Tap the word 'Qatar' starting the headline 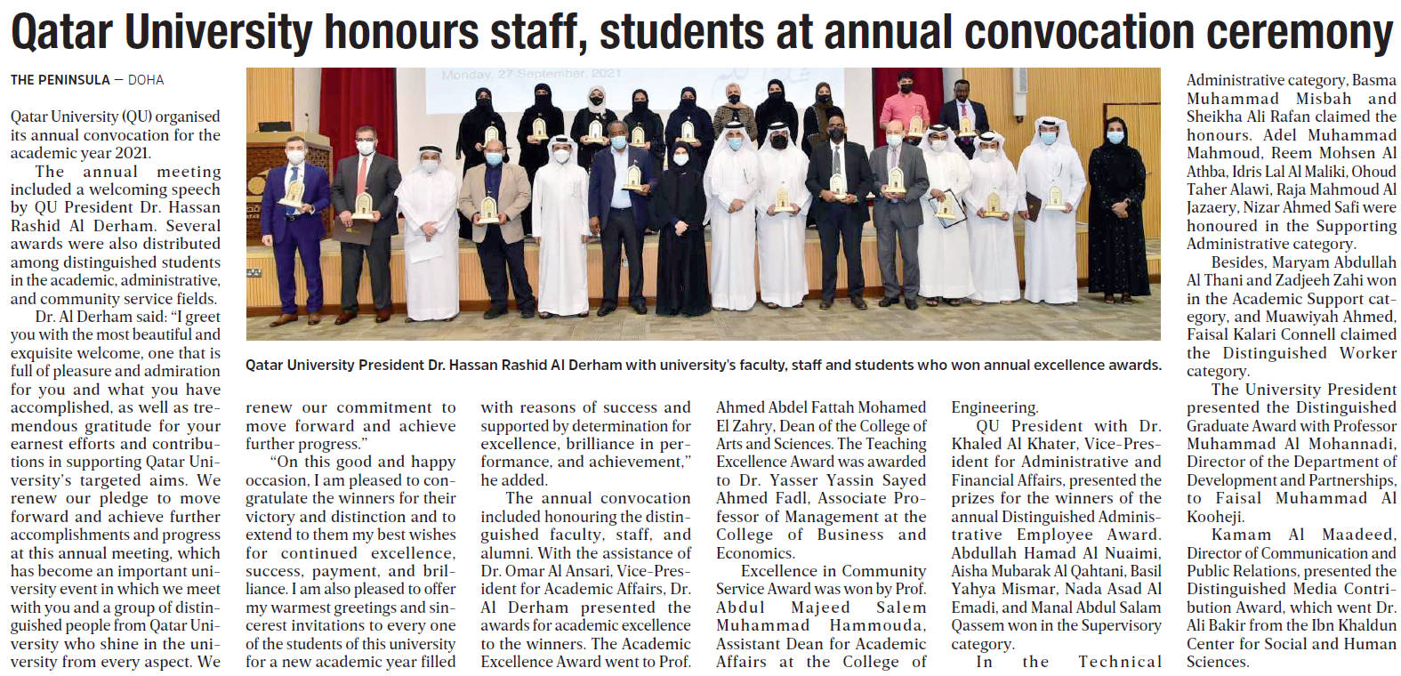(x=60, y=32)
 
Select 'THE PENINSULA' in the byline (x=60, y=80)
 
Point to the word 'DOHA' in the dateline (x=146, y=80)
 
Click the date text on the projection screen (x=531, y=74)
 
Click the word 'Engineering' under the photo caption (x=994, y=407)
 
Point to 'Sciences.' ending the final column (x=1217, y=662)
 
